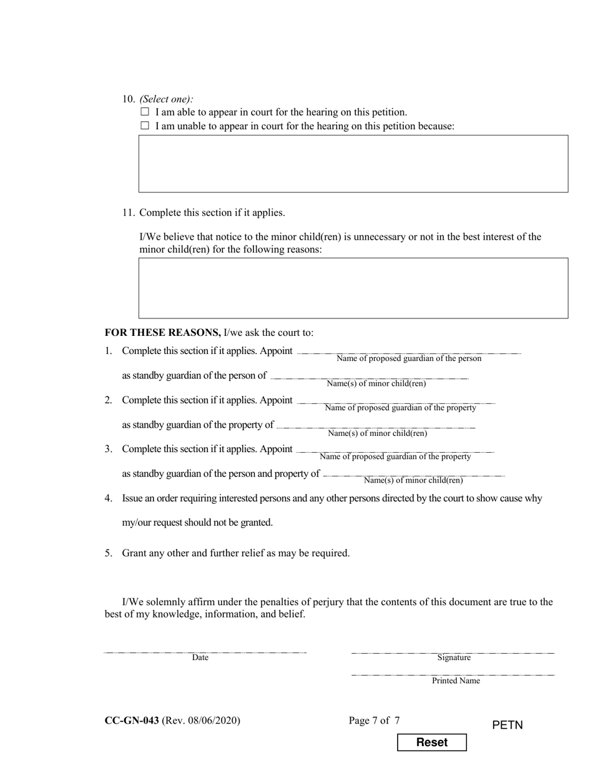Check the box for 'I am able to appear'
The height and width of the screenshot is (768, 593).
[145, 112]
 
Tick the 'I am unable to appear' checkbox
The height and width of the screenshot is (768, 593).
[145, 126]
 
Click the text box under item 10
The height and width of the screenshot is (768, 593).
[353, 164]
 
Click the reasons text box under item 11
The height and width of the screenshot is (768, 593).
[353, 288]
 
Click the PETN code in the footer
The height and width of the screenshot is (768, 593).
[507, 725]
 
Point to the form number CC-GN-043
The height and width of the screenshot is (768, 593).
[132, 721]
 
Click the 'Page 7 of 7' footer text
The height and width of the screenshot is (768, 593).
[374, 721]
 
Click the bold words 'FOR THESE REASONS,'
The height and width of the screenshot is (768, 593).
[162, 332]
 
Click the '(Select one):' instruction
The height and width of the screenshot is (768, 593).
[166, 99]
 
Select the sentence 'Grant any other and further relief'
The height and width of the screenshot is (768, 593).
[235, 553]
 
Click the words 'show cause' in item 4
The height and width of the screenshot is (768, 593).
[493, 498]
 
